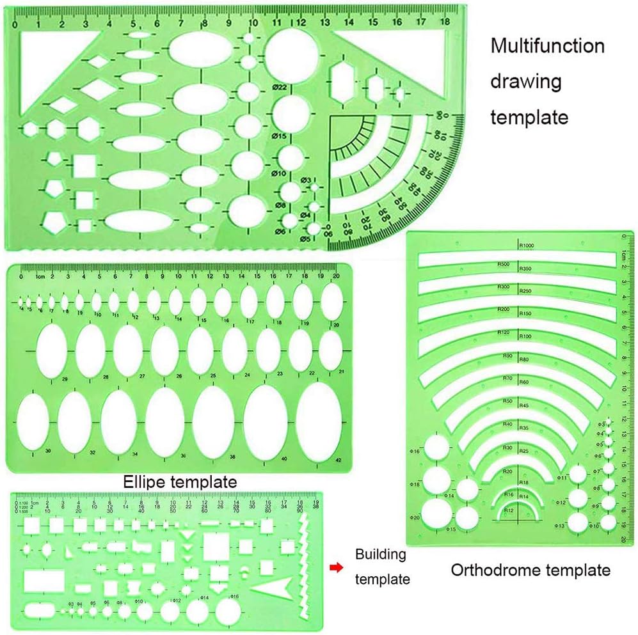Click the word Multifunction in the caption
(547, 46)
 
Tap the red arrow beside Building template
(334, 567)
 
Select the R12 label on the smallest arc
(509, 511)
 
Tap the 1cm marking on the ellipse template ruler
(39, 276)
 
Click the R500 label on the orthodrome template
(503, 264)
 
